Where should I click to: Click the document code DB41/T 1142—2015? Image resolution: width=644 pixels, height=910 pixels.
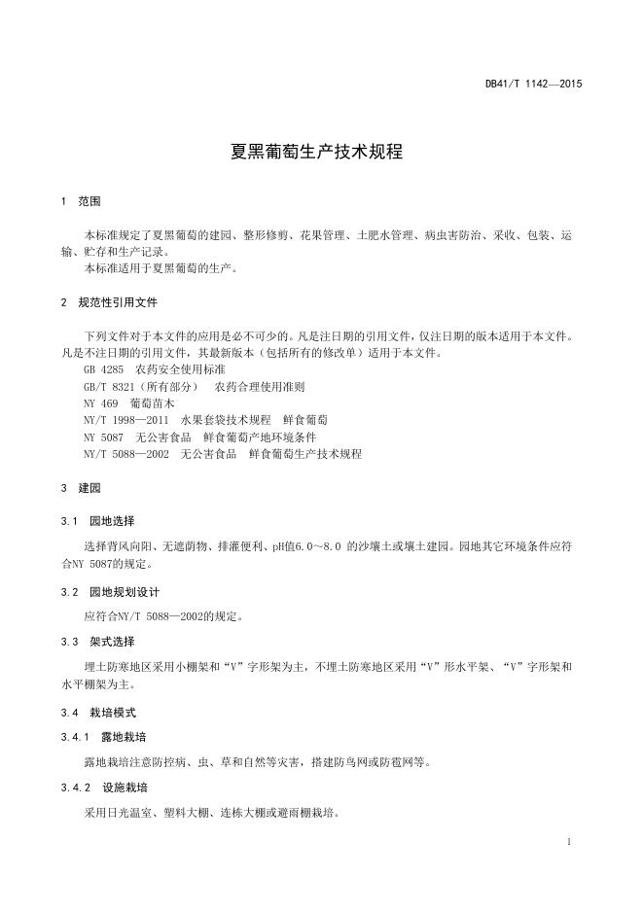(533, 85)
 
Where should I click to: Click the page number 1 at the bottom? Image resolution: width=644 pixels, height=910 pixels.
(568, 840)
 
